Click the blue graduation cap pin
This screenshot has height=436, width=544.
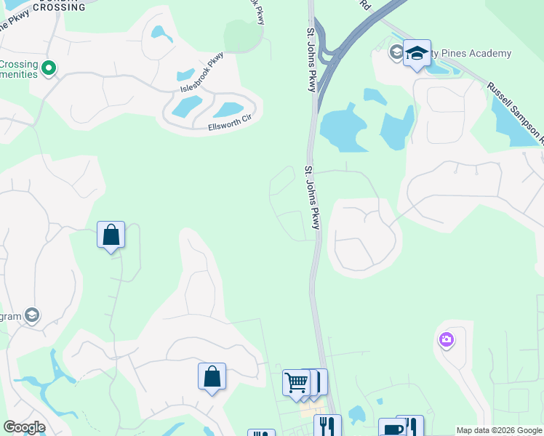click(x=417, y=53)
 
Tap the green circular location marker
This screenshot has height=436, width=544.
click(x=49, y=68)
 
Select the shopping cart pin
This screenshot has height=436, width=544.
click(x=296, y=382)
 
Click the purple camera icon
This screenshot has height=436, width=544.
click(x=446, y=339)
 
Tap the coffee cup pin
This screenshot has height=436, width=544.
click(x=391, y=429)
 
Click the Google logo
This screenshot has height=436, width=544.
click(x=24, y=427)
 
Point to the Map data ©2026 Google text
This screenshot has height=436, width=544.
click(x=499, y=430)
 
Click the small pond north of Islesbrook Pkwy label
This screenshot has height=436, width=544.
click(x=158, y=33)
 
